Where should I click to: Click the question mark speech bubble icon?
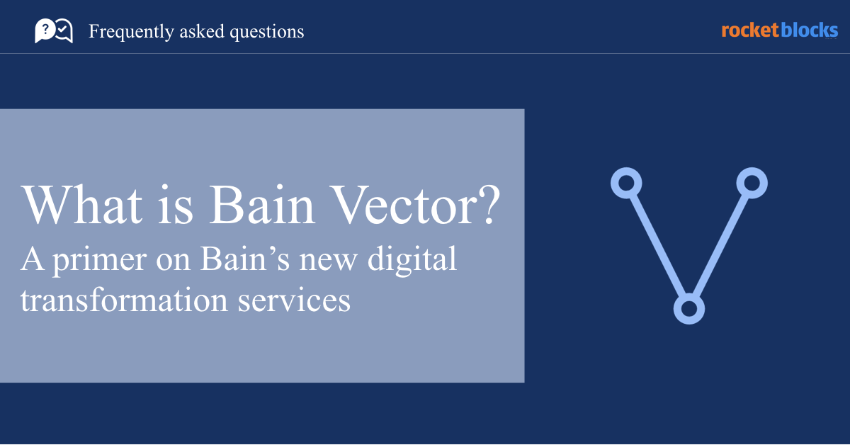point(45,30)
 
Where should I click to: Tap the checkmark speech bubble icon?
point(64,30)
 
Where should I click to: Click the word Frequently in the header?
point(131,32)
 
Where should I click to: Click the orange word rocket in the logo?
point(750,30)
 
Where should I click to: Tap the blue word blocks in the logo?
point(810,30)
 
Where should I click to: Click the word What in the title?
point(81,205)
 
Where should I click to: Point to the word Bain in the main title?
point(262,205)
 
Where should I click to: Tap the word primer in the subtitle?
point(99,261)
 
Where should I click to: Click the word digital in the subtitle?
point(412,260)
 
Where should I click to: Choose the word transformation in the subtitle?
point(124,300)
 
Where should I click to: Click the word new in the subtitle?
point(328,263)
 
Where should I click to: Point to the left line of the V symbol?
point(657,246)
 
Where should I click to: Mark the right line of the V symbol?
point(720,246)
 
